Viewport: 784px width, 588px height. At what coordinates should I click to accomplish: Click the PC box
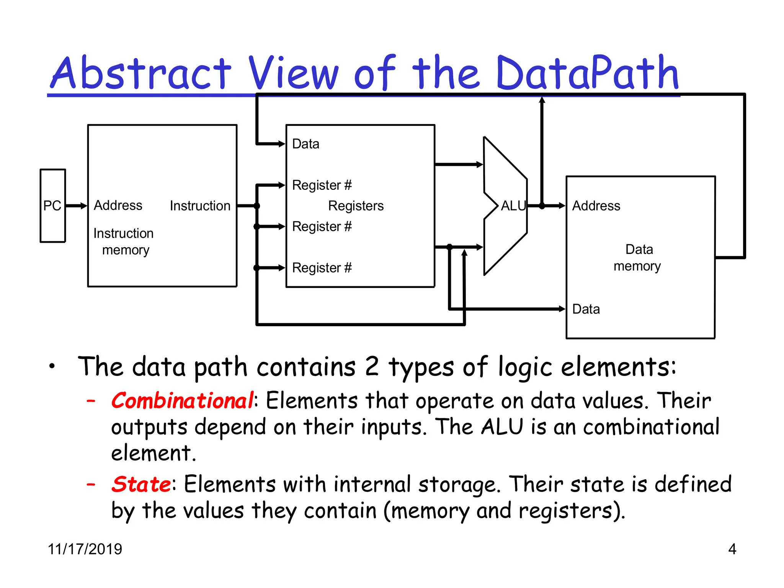53,206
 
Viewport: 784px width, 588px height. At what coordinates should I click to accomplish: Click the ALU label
513,206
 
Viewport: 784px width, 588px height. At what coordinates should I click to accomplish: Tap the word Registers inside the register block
356,206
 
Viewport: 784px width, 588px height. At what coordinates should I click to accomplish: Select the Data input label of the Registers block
305,144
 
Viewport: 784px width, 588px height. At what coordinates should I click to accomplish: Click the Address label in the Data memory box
596,206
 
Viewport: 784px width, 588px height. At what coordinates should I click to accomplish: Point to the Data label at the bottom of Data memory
586,309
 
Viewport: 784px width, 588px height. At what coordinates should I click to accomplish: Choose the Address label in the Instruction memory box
118,205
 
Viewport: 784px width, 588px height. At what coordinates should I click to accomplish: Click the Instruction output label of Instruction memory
200,206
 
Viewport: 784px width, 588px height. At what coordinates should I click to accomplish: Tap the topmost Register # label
322,185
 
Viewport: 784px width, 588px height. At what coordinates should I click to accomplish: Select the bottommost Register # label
322,268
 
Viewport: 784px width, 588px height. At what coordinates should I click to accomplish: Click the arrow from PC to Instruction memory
77,206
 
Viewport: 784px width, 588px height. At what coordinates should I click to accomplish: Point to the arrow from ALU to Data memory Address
553,206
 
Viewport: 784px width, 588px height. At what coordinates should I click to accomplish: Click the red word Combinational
182,401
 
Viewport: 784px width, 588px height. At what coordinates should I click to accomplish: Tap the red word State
141,484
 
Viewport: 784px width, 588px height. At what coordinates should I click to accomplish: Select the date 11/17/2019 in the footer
85,549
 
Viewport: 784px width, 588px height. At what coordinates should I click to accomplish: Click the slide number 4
732,549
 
